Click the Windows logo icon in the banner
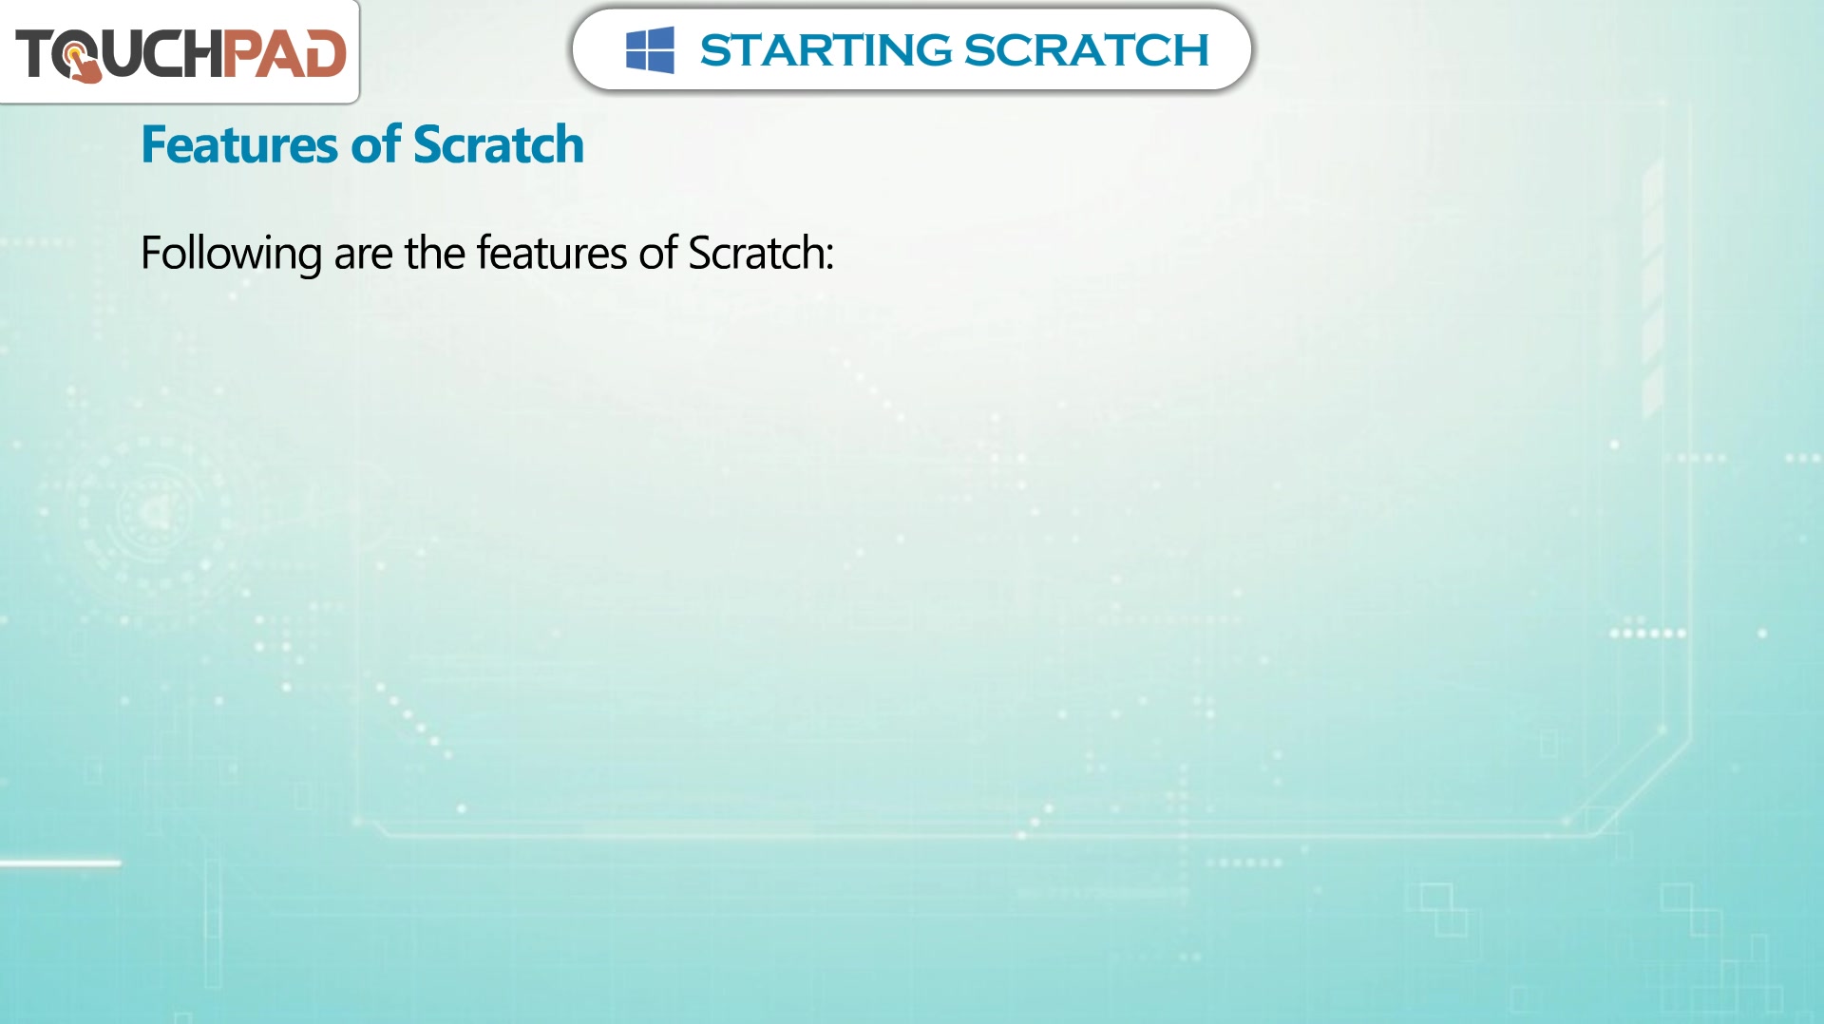click(650, 49)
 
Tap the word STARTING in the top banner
click(826, 50)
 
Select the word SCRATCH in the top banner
click(1087, 50)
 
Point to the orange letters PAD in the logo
click(284, 53)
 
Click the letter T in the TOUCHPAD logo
click(35, 53)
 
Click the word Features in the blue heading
click(239, 144)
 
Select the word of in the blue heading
click(376, 144)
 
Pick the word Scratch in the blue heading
click(499, 144)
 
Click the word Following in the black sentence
click(231, 255)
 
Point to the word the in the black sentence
click(435, 253)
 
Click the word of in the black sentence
click(658, 253)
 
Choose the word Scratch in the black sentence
click(755, 253)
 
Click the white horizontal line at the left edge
click(61, 863)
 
